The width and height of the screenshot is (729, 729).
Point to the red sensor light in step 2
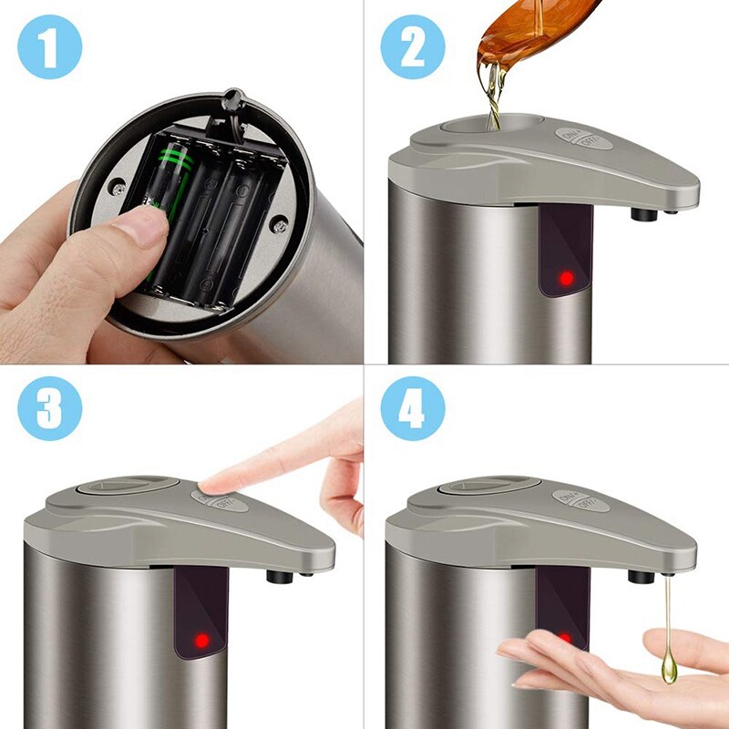566,276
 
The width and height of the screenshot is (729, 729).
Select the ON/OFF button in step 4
576,500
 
